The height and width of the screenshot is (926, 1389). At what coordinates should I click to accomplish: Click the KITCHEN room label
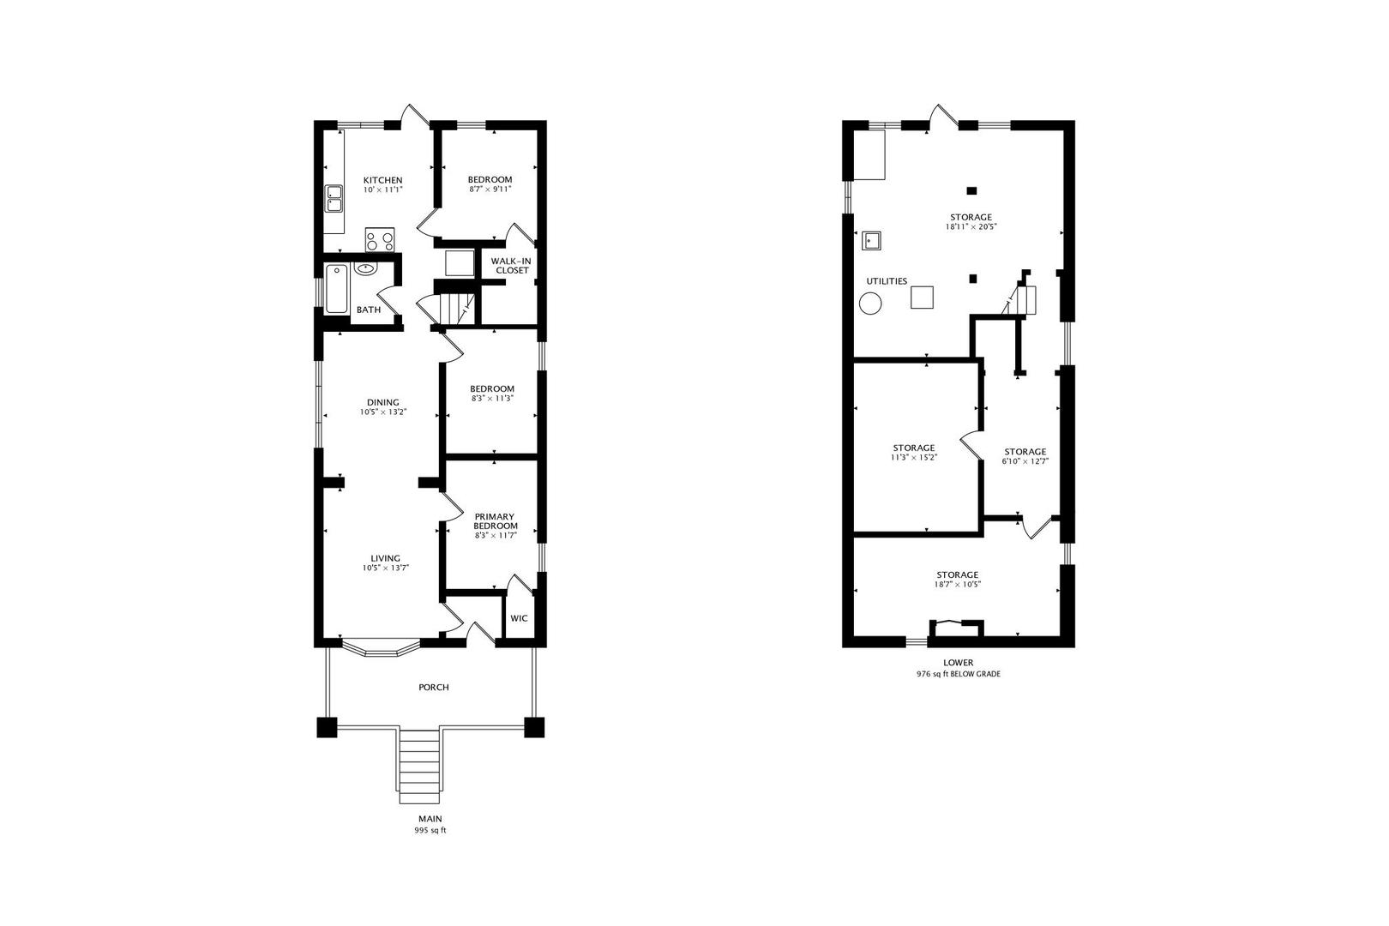coord(382,180)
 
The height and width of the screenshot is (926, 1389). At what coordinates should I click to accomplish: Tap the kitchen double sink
coord(334,199)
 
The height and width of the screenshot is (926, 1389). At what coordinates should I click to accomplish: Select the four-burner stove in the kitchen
coord(380,240)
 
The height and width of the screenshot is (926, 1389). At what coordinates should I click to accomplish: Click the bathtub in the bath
coord(336,289)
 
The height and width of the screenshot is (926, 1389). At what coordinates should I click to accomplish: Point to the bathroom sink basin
coord(366,268)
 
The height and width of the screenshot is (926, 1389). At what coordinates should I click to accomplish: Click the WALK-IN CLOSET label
coord(512,266)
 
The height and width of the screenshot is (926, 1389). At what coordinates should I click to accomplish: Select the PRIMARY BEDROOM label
coord(496,521)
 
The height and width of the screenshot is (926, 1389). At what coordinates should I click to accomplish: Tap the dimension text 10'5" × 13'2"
coord(382,412)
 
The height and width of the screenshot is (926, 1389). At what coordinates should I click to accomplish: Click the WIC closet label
coord(519,618)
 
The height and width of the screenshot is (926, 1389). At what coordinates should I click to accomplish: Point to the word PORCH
coord(433,688)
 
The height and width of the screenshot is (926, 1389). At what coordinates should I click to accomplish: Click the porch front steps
coord(420,765)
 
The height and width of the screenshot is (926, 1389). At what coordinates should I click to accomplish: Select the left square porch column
coord(327,727)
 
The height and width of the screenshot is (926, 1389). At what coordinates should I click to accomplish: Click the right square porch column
coord(534,727)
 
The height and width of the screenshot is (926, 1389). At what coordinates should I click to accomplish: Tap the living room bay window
coord(380,649)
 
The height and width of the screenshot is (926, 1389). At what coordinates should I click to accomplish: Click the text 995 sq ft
coord(430,831)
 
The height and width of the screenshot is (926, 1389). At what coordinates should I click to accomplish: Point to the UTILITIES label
coord(887,281)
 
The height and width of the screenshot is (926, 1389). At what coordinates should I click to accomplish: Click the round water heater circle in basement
coord(871,304)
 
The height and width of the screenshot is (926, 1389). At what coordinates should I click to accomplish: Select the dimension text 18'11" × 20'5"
coord(971,227)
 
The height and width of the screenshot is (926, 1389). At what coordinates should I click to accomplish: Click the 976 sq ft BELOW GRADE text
coord(958,675)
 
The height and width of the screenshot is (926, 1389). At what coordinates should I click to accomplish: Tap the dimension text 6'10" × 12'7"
coord(1025,461)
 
